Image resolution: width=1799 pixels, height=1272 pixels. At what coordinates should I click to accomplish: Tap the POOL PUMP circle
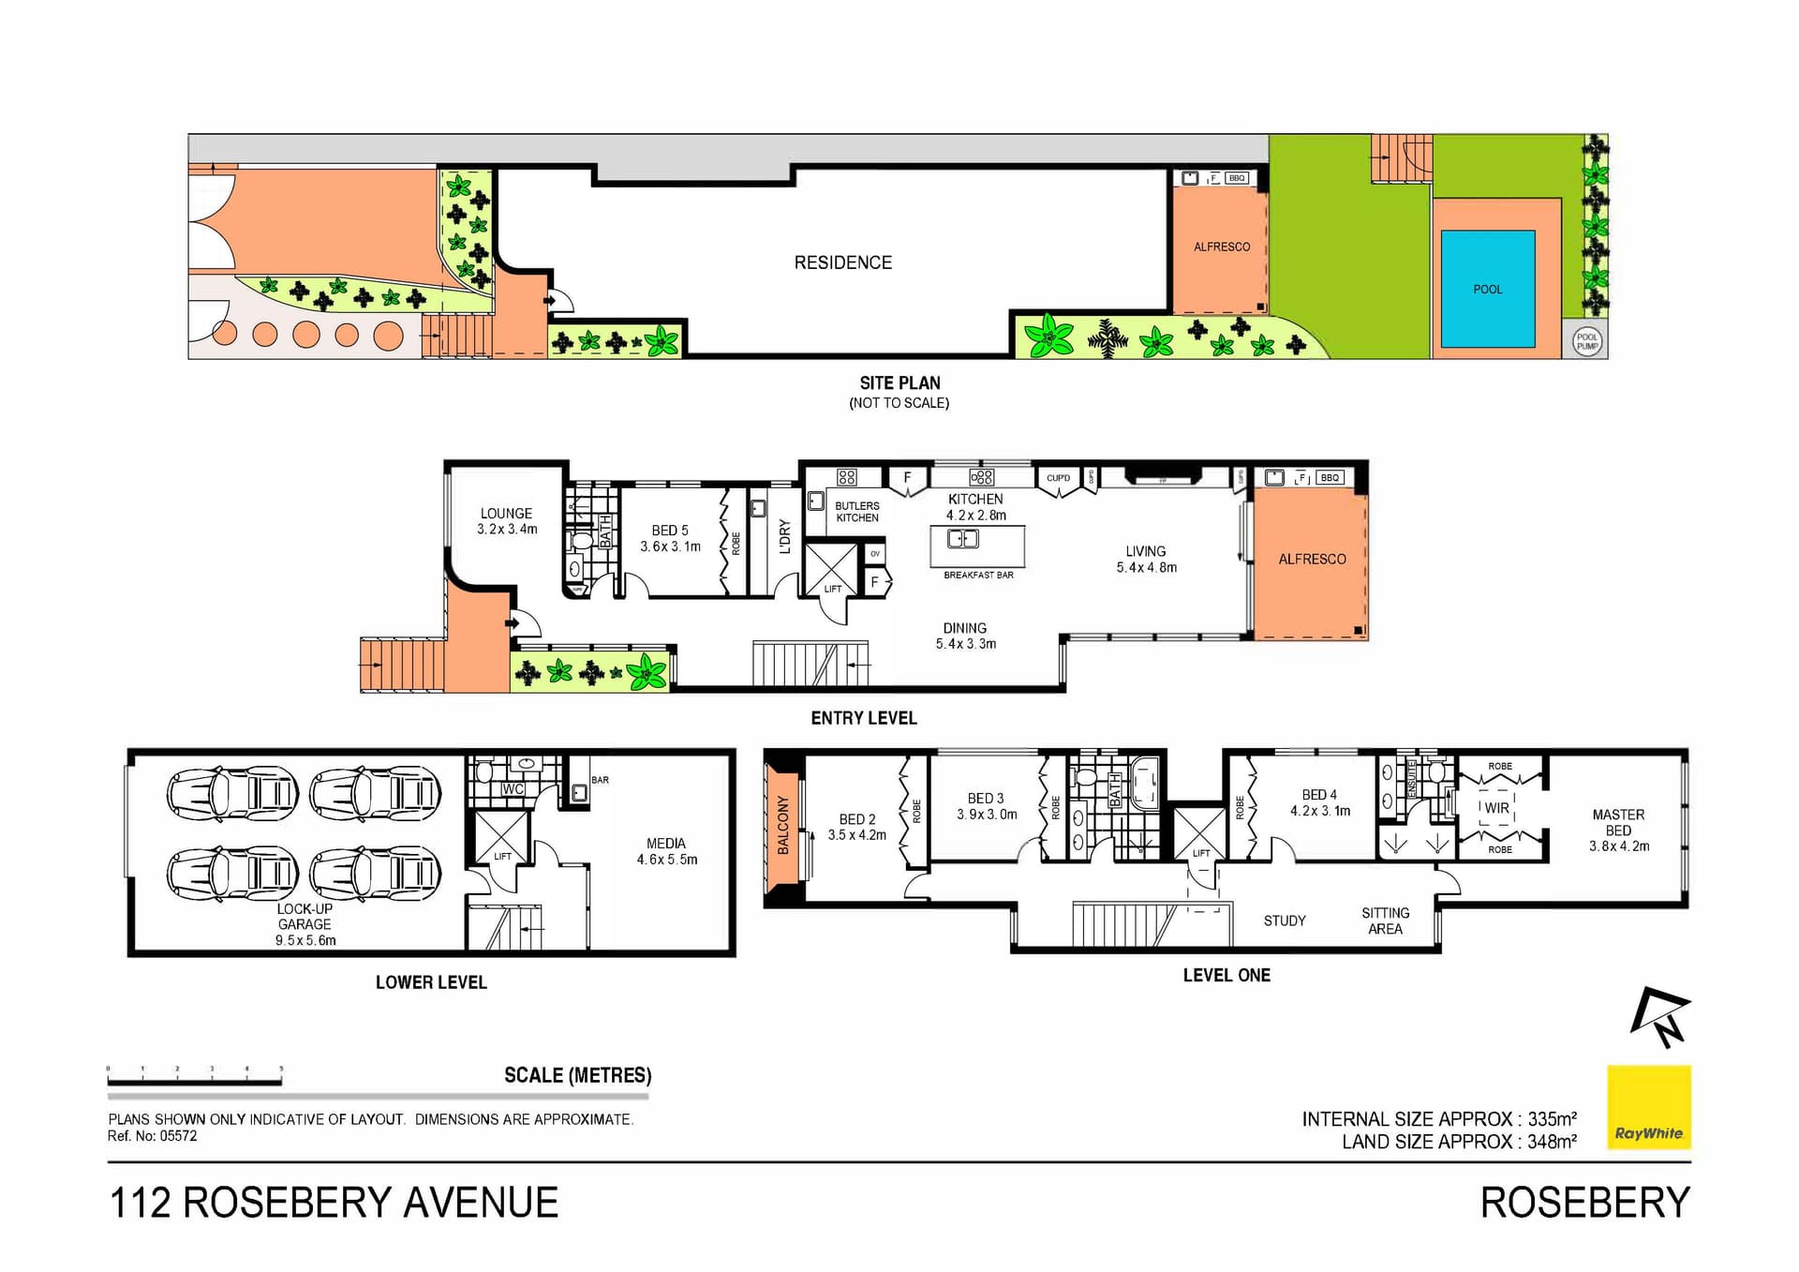(1586, 341)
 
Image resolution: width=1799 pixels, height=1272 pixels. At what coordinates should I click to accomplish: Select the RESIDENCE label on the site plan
(842, 263)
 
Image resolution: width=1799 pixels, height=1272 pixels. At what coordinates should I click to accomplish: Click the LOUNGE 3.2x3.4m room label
(507, 521)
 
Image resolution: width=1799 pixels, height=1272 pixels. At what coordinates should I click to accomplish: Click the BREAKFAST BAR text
(978, 576)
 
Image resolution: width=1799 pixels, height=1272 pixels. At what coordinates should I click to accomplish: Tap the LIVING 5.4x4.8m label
(1146, 559)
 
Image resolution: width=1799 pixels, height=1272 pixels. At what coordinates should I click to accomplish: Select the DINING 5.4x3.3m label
(965, 636)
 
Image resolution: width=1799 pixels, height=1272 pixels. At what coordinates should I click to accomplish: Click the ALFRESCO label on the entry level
(1312, 560)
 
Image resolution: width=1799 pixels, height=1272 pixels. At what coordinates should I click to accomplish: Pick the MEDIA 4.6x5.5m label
(666, 851)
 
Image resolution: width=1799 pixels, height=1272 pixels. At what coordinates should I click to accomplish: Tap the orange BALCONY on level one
(783, 826)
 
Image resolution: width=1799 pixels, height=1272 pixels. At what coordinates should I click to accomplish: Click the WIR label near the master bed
(1496, 808)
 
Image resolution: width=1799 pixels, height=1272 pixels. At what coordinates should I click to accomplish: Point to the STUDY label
(1284, 920)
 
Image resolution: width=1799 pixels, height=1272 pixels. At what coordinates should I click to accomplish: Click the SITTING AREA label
(1385, 920)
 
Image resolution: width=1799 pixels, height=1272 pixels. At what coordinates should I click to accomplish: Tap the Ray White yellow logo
(1648, 1107)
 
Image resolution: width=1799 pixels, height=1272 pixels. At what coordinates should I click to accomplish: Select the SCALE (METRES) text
(577, 1075)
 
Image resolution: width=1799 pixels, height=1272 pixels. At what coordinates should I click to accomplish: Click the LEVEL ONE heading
(1226, 975)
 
